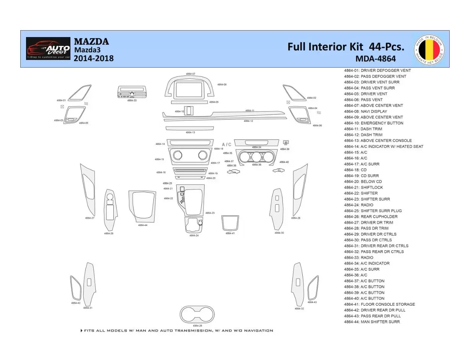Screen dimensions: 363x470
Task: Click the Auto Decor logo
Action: [48, 49]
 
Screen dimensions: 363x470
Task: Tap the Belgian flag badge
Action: [429, 49]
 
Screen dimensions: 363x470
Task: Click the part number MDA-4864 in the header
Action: [375, 59]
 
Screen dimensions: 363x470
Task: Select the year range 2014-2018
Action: [93, 58]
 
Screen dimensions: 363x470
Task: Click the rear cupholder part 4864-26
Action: [197, 314]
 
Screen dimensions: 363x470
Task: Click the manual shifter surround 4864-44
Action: [142, 206]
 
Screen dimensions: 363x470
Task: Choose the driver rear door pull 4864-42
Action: [75, 287]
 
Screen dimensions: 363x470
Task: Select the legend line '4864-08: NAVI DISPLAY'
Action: [365, 112]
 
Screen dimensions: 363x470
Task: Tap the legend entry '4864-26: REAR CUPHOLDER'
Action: [370, 217]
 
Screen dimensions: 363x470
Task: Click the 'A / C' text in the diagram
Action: [227, 144]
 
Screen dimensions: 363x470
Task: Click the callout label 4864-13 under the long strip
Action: [190, 132]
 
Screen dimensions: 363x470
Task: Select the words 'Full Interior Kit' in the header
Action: [326, 47]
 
